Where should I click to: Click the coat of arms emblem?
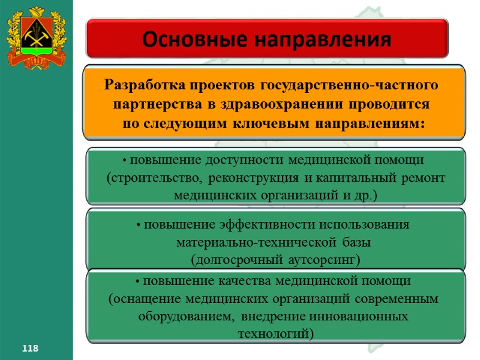pos(36,37)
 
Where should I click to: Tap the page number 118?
pos(30,349)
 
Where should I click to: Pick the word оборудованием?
pos(182,316)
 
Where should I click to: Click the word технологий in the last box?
pos(275,333)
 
